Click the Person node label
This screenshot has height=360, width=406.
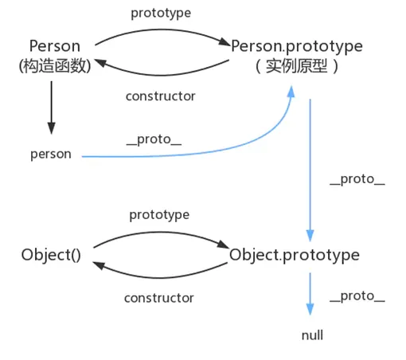(x=53, y=46)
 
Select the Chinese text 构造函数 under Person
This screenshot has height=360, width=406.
(x=53, y=68)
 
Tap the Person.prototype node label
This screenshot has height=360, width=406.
(x=296, y=46)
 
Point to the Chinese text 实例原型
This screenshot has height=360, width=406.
(x=297, y=68)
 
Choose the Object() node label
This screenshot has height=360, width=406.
(x=51, y=256)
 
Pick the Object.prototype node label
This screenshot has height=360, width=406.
(x=295, y=256)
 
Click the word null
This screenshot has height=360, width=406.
(x=312, y=335)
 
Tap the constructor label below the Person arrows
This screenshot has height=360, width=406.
(x=160, y=96)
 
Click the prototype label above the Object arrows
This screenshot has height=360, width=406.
(x=159, y=215)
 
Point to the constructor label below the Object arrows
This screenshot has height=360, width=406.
(x=159, y=298)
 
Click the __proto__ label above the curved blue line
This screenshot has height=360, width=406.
(x=154, y=139)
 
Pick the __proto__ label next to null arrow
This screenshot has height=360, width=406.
(x=357, y=296)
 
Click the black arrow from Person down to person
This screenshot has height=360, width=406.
(x=52, y=108)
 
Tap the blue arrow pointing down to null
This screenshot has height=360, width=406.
(x=310, y=295)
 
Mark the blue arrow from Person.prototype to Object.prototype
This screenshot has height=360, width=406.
(x=310, y=167)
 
